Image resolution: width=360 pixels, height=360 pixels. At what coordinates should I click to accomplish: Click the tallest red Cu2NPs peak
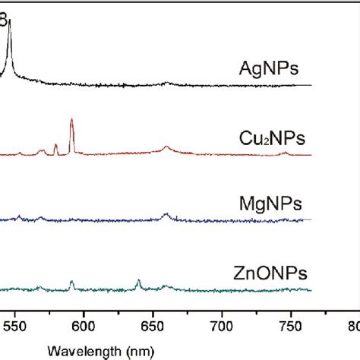point(71,120)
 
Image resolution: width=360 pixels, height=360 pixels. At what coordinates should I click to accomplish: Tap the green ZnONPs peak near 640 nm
point(138,281)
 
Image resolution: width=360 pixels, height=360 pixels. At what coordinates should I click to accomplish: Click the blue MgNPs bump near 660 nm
point(166,215)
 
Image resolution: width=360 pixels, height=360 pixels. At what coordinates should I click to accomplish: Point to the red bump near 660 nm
point(166,147)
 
